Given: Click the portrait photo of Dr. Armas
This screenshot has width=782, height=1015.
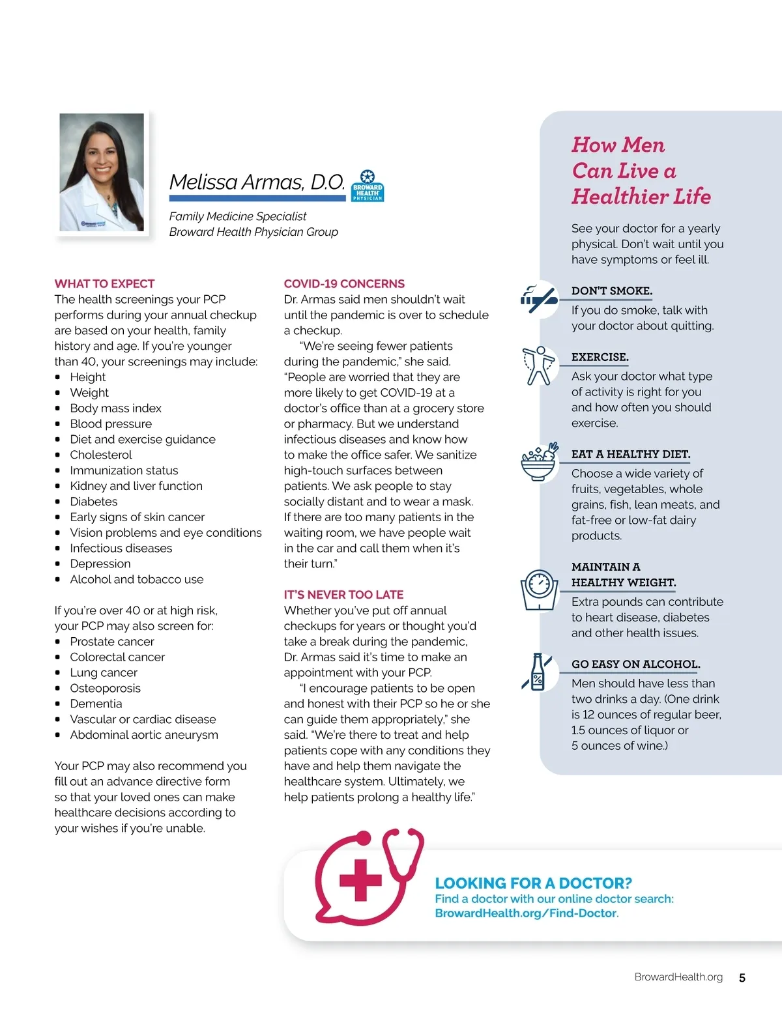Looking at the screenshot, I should pos(102,172).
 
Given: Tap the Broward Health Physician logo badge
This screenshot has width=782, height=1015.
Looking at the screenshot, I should pos(368,186).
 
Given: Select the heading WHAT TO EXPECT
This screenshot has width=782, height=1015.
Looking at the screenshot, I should pos(104,283).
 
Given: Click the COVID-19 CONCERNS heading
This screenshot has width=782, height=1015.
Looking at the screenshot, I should pos(344,283).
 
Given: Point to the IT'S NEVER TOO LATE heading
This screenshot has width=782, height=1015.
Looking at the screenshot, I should pos(343,594).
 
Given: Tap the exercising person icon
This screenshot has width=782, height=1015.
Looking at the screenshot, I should pos(539,365).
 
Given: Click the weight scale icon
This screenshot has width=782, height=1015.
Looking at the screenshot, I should pos(539,590).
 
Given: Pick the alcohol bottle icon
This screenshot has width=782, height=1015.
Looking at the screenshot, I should pos(538,672).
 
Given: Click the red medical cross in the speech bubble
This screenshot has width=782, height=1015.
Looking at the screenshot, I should pos(360,880).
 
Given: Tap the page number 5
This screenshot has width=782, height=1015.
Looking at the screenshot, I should pos(742,978).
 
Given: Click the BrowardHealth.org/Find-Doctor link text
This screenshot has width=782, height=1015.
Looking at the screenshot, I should pos(525,913).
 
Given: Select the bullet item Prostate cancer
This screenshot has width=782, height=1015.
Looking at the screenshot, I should pos(112,641).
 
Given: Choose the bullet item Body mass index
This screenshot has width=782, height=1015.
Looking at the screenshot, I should pos(115,408).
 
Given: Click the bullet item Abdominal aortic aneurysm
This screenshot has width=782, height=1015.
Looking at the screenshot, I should pos(144,734).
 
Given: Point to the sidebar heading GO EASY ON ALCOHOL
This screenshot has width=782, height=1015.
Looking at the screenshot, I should pos(635,664).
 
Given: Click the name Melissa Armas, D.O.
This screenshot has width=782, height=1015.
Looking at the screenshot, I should pos(257,182).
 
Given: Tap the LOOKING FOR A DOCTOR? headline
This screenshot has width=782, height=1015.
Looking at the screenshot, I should pos(533,883).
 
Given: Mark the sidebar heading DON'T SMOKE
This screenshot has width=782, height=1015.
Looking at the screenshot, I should pos(611,291).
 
